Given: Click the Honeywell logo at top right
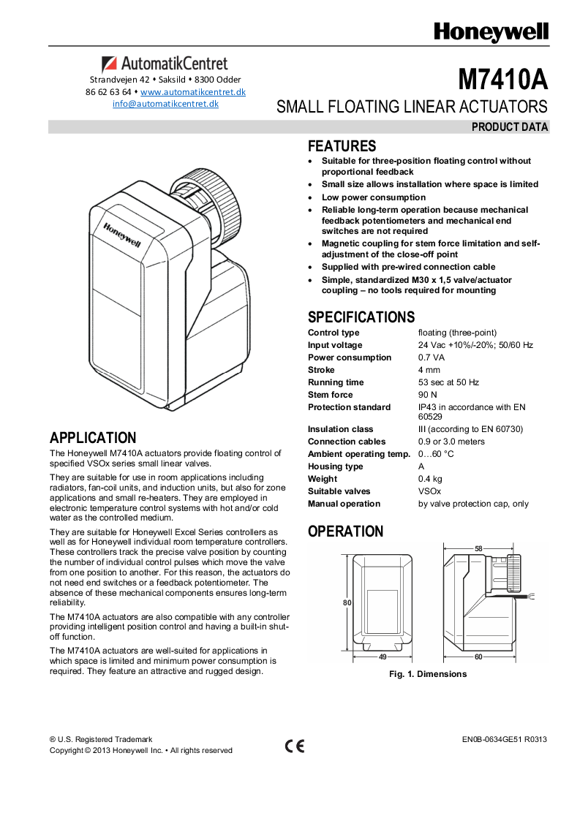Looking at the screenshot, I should point(491,33).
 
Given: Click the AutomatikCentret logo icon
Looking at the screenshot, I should point(109,64).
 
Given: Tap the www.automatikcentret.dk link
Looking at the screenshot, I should point(192,92).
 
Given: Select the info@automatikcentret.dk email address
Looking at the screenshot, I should point(165,104).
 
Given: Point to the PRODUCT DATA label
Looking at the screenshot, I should point(509,127).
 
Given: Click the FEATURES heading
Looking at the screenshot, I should point(342,146).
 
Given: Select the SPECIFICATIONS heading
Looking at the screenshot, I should point(361,317).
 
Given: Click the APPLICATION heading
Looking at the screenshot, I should point(93,438).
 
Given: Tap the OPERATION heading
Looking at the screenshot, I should point(345,531).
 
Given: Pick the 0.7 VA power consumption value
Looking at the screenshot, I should point(432,357).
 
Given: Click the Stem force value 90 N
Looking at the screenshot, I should point(427,395).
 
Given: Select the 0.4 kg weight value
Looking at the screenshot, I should point(429,479).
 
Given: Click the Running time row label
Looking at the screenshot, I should point(335,382).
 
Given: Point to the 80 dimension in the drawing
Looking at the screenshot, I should point(347,602).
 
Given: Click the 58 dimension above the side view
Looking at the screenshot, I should point(478,548).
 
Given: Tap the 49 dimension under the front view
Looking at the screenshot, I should point(383,657).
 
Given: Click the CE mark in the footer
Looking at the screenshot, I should point(295,746).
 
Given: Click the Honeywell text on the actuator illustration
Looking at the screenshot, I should point(121,235).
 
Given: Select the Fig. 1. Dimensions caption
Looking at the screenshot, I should point(427,674).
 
